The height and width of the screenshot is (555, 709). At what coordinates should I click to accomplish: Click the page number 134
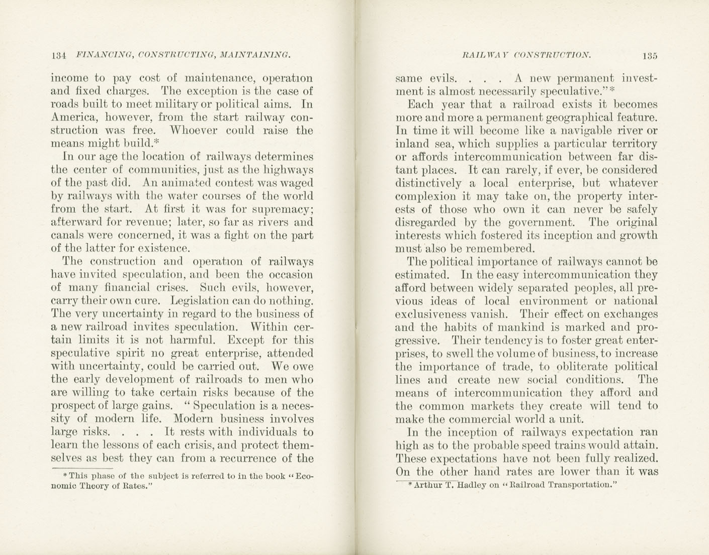tap(59, 55)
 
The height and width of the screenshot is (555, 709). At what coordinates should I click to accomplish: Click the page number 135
tap(649, 55)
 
